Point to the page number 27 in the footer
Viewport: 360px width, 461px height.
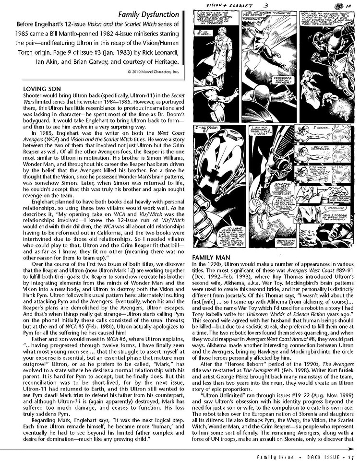pyautogui.click(x=353, y=455)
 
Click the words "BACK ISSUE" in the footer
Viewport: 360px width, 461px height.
pyautogui.click(x=327, y=455)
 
